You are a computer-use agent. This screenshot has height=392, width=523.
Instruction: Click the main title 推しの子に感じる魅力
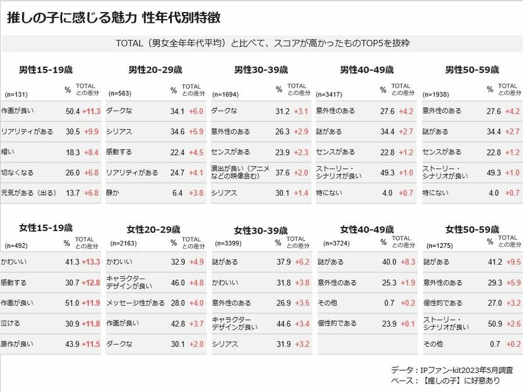coord(72,17)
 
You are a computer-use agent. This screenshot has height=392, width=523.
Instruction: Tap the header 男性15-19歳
coord(46,70)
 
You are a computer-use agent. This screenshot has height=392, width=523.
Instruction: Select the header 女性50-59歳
coord(473,229)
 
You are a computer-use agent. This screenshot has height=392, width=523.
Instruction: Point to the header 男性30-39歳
coord(261,70)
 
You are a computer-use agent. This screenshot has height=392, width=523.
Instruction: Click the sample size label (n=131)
coord(16,95)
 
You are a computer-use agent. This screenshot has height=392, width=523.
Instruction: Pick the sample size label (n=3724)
coord(336,244)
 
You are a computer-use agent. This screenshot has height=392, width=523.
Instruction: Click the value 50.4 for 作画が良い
coord(72,111)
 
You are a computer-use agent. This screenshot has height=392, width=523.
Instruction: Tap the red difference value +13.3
coord(91,262)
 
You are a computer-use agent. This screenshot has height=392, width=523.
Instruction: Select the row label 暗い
coord(8,152)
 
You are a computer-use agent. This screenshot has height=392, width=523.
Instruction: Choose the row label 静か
coord(112,193)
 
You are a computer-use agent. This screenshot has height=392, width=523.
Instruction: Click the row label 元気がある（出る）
coord(29,193)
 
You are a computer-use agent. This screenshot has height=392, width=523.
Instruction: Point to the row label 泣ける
coord(10,323)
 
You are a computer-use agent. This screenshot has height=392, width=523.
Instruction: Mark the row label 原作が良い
coord(17,344)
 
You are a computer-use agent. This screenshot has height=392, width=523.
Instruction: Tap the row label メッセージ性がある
coord(135,303)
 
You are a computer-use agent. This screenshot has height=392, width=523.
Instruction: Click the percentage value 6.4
coord(177,193)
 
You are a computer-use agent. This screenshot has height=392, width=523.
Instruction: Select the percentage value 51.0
coord(72,303)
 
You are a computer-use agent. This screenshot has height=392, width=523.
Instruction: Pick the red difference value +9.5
coord(513,262)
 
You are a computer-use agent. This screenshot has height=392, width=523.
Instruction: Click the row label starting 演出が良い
coord(240,172)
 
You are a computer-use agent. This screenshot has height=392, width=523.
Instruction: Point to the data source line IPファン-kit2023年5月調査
coord(452,370)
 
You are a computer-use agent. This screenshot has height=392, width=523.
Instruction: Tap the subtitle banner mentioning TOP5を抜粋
coord(263,43)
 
